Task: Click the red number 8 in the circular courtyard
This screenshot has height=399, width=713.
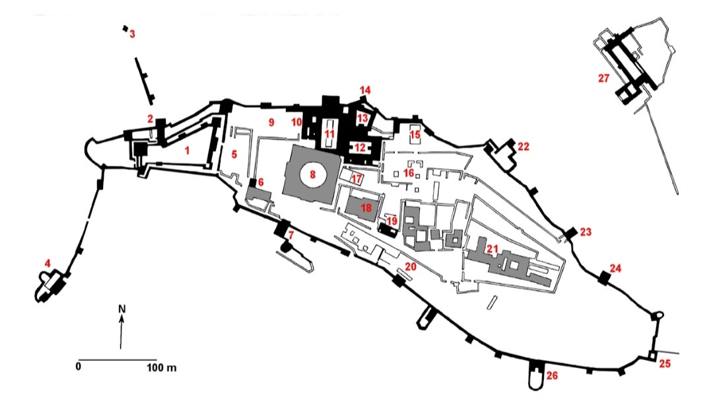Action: pyautogui.click(x=314, y=175)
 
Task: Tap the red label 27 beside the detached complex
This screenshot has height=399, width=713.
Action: pyautogui.click(x=603, y=78)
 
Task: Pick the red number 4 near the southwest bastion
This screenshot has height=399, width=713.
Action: pyautogui.click(x=48, y=264)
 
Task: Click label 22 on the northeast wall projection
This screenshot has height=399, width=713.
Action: pyautogui.click(x=523, y=146)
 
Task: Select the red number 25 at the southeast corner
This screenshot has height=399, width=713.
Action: pyautogui.click(x=665, y=363)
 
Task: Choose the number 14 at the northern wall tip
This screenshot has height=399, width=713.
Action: pyautogui.click(x=365, y=90)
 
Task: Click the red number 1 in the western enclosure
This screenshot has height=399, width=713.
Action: pyautogui.click(x=187, y=151)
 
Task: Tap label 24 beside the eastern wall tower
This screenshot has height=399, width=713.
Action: pyautogui.click(x=615, y=268)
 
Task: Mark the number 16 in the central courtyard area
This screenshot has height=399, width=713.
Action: pyautogui.click(x=409, y=172)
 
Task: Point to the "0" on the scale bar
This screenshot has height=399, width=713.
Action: pyautogui.click(x=79, y=365)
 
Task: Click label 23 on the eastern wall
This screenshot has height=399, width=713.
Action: pyautogui.click(x=585, y=232)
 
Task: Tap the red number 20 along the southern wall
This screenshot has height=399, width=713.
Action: pyautogui.click(x=411, y=267)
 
